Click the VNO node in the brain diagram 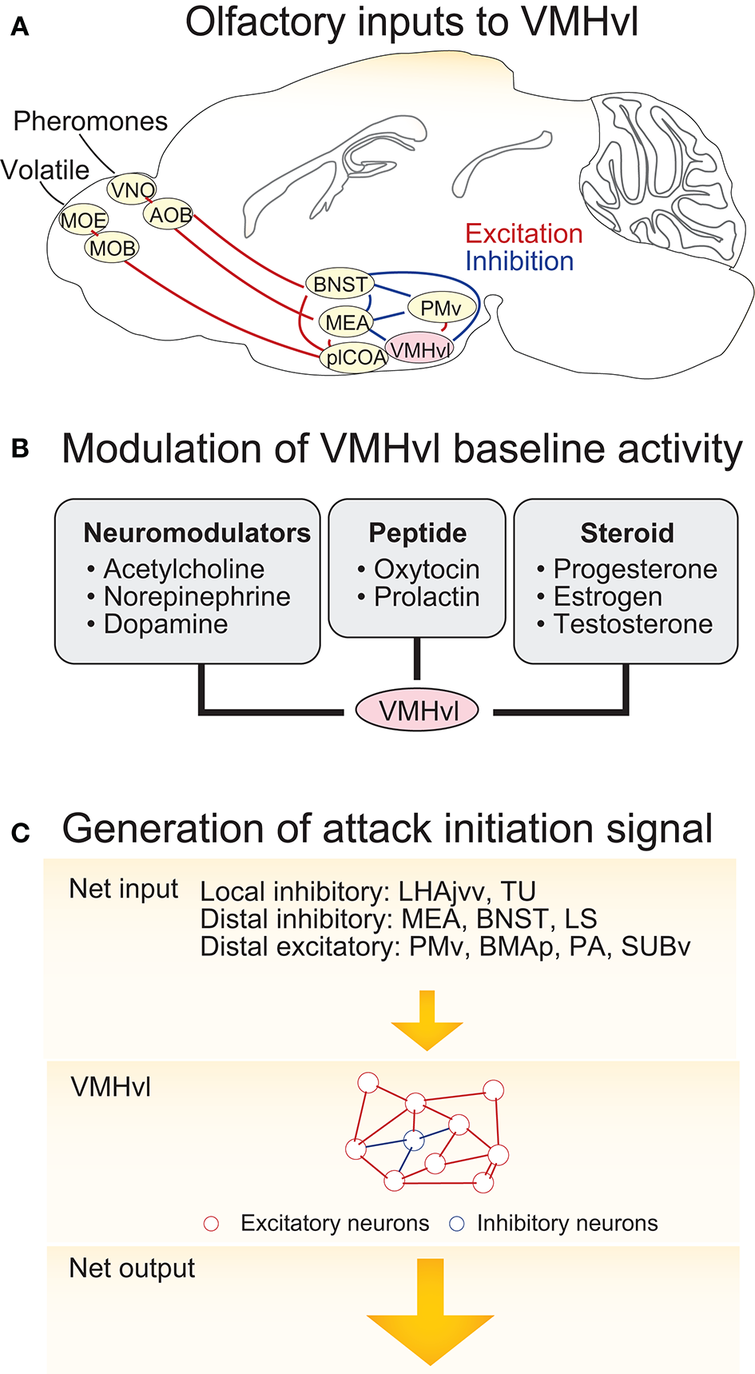pos(132,190)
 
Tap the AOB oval pos(170,215)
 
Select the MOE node pos(83,220)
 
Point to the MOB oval pos(112,249)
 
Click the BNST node pos(340,285)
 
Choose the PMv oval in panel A pos(441,308)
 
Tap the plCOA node pos(356,357)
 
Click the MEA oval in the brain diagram pos(347,322)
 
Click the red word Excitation pos(523,233)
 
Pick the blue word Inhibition pos(519,261)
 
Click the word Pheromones pos(90,121)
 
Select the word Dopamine pos(165,624)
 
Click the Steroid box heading pos(627,533)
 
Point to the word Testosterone pos(633,624)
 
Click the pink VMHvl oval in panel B pos(417,711)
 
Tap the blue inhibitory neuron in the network pos(413,1141)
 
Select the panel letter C pos(21,834)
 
